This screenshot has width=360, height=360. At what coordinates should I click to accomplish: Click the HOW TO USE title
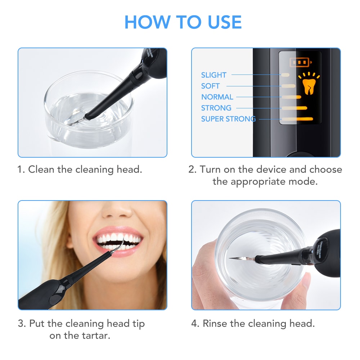click(x=183, y=22)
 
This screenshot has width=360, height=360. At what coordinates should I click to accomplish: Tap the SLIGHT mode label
click(x=214, y=75)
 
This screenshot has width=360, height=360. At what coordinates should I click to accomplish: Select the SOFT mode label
click(x=210, y=86)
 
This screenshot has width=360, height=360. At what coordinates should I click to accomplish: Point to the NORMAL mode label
click(x=217, y=97)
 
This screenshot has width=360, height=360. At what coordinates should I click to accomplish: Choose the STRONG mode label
click(x=216, y=108)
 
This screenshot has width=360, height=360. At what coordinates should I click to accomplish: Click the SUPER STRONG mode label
click(x=228, y=119)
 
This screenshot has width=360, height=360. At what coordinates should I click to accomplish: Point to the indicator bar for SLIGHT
click(x=285, y=75)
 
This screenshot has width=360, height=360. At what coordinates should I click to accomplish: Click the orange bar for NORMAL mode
click(x=292, y=97)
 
